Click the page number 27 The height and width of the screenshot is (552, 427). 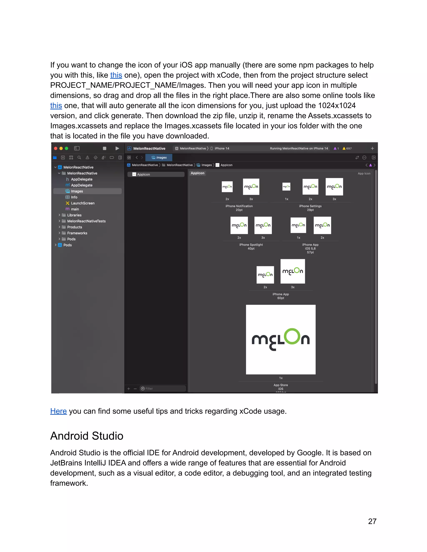[372, 521]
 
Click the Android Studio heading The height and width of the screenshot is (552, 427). [87, 436]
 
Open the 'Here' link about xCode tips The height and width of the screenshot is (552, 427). [58, 411]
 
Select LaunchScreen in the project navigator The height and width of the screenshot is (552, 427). [83, 203]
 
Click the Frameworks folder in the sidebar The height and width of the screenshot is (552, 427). [77, 233]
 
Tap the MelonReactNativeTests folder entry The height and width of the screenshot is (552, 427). [86, 221]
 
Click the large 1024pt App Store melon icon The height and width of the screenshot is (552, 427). [281, 340]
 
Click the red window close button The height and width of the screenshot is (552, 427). [56, 148]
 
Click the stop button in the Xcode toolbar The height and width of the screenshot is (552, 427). [104, 148]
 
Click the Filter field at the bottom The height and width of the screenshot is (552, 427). [163, 388]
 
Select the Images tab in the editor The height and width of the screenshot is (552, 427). [159, 157]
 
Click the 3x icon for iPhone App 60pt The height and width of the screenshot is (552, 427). [293, 271]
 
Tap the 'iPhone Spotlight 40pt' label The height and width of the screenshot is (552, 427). [251, 246]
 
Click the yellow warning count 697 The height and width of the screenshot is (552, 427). [347, 148]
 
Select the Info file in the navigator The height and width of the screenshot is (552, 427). [74, 197]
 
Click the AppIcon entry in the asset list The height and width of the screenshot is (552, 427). [143, 174]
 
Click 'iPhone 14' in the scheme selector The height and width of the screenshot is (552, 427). [222, 148]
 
